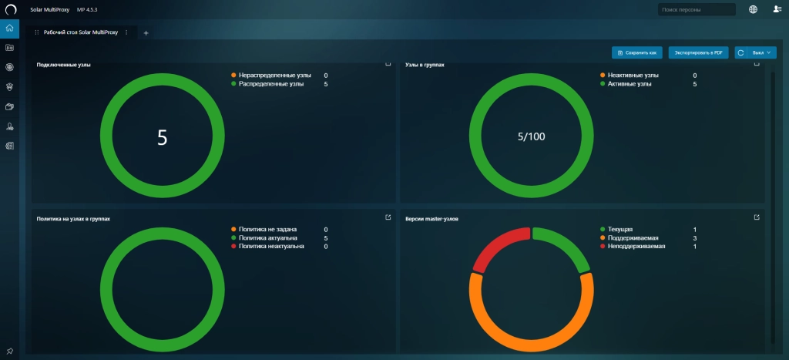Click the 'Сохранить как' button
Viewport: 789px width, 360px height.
(637, 52)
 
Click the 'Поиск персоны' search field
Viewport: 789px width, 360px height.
(697, 9)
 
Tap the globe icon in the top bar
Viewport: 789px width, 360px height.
(753, 9)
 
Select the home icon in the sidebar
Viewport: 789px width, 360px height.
(9, 29)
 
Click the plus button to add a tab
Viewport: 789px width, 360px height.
(146, 32)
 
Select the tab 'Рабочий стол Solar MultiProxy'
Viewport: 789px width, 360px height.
(80, 32)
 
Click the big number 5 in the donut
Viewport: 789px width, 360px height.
(162, 137)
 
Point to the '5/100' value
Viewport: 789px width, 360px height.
(532, 136)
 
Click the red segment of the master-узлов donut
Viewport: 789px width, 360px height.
(499, 247)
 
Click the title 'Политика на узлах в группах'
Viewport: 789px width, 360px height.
(73, 219)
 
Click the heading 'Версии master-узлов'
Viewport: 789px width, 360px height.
(431, 219)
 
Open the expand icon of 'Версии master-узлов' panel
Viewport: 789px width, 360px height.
(757, 217)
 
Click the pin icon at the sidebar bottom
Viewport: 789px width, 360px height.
(9, 351)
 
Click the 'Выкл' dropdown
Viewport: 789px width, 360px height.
(761, 52)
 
